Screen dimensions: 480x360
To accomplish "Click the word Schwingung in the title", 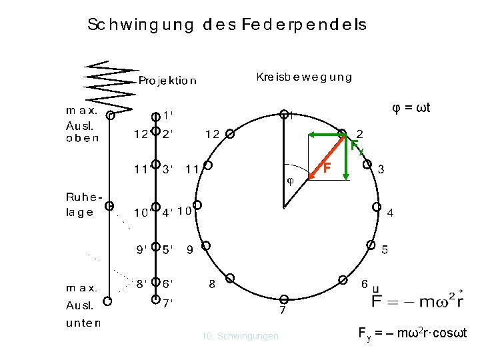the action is (x=141, y=26).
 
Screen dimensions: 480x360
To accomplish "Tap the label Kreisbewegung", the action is (x=304, y=77).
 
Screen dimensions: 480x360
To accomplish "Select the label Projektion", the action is (x=167, y=81).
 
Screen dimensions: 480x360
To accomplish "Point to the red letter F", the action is (x=327, y=167).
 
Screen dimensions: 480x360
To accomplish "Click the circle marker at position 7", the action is (x=283, y=299).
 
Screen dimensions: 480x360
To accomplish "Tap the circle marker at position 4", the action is (x=377, y=207).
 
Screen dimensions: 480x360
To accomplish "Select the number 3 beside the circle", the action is (x=381, y=169).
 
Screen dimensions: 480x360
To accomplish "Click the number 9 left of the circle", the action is (x=190, y=251).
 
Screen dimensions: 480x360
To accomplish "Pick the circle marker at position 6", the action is (x=342, y=279).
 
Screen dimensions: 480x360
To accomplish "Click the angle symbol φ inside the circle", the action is (x=290, y=180).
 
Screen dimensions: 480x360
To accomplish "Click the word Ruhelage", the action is (x=83, y=205).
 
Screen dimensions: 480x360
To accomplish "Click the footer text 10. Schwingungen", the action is (x=240, y=337).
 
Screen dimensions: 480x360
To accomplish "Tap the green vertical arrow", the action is (x=345, y=160).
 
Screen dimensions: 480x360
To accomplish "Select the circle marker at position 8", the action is (x=230, y=278).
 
